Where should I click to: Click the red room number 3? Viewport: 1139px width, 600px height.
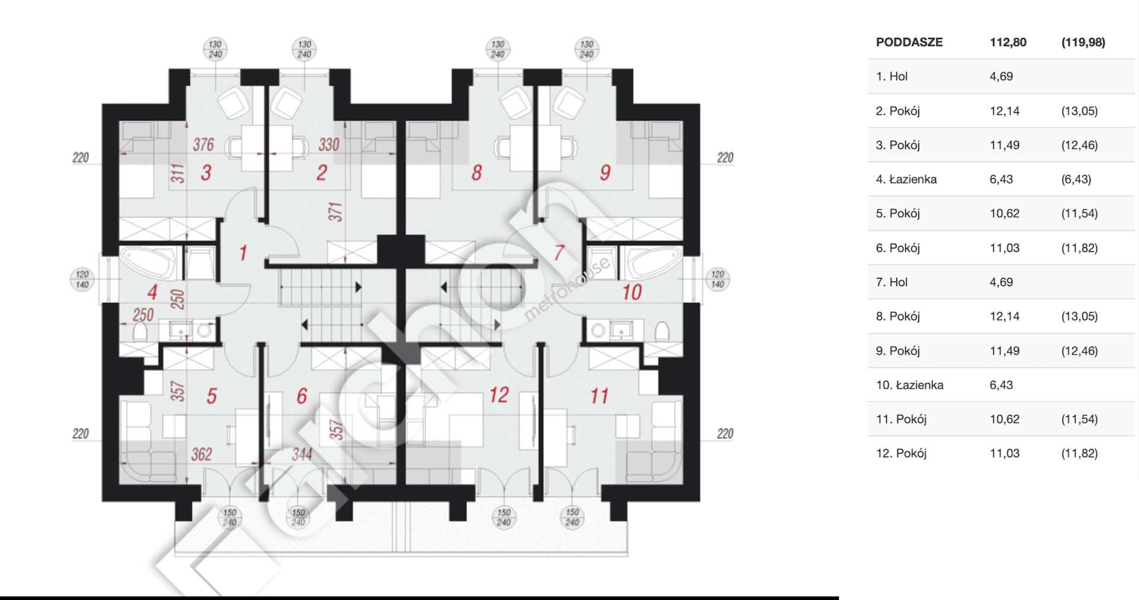(206, 173)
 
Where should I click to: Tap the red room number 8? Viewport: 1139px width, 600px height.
(477, 173)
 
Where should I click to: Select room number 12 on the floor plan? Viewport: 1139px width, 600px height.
(499, 395)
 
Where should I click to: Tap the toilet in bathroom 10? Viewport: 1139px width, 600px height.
(662, 331)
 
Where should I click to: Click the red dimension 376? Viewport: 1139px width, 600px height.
(203, 144)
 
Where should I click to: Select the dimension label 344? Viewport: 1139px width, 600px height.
(302, 455)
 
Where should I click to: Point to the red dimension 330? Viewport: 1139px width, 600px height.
(329, 144)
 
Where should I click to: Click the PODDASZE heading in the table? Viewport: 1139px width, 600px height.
(909, 42)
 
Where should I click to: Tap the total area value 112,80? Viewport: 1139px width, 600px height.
(1008, 42)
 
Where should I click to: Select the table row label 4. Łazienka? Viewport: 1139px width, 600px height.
(906, 179)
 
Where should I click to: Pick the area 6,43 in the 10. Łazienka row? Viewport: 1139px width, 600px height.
(1001, 385)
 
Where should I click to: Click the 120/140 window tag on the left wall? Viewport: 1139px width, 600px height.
(82, 279)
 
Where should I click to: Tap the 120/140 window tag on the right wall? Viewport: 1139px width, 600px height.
(718, 279)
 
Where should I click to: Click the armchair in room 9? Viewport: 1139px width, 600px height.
(569, 103)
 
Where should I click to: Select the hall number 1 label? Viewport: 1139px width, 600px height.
(243, 253)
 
